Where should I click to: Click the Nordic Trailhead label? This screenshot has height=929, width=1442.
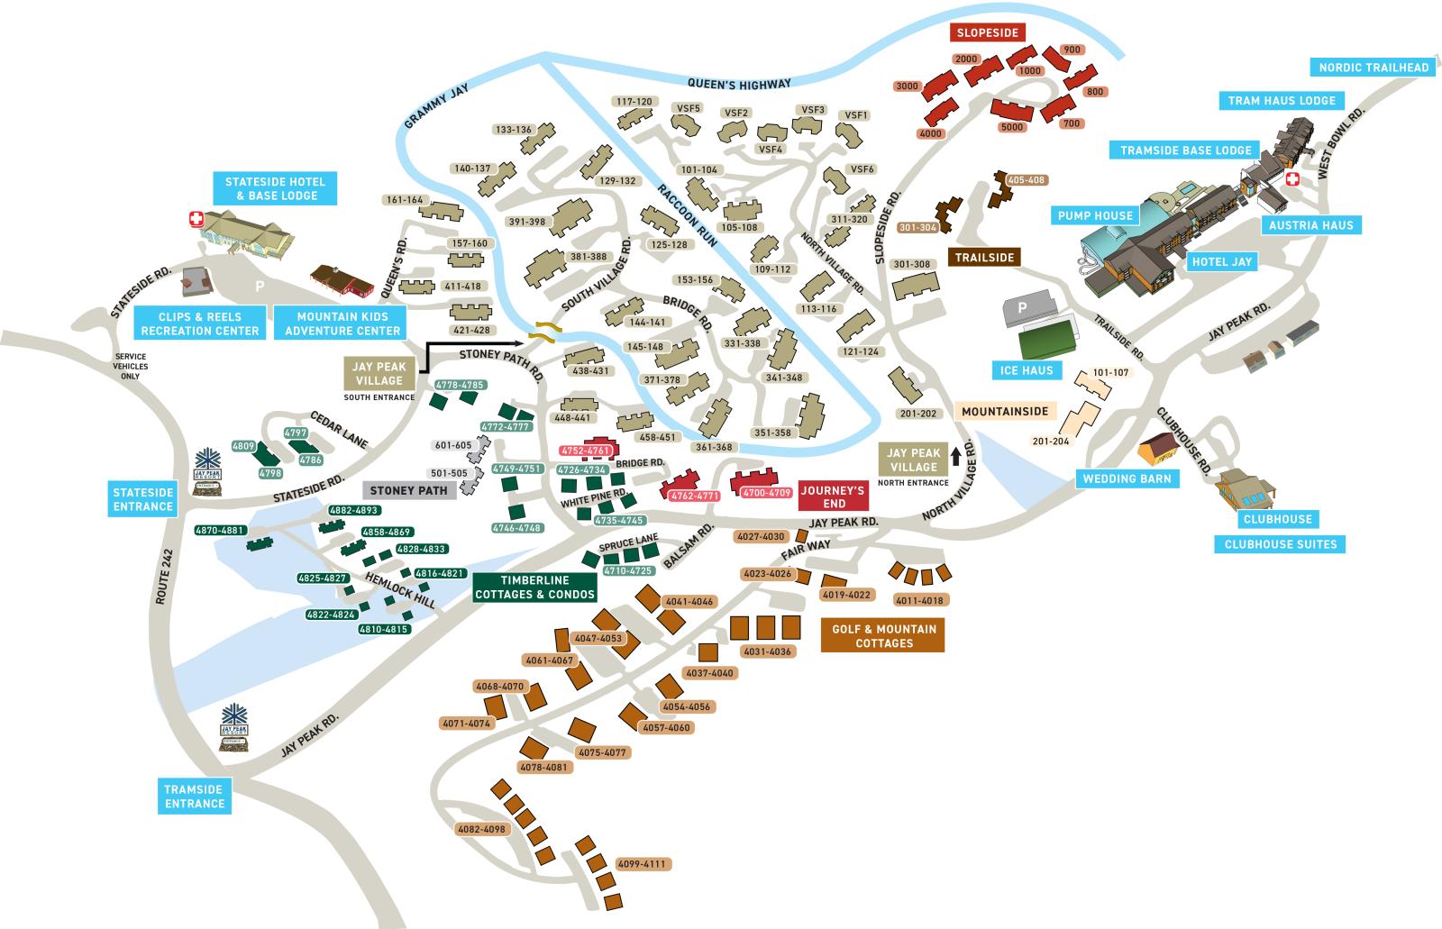pos(1374,68)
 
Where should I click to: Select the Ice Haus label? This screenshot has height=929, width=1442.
pos(1026,370)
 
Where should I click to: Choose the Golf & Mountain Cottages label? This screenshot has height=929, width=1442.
pos(883,636)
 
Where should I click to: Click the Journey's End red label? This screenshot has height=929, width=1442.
pos(833,497)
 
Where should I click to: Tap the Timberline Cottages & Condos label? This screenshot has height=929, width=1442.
pos(534,587)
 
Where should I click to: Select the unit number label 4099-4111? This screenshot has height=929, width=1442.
pos(642,864)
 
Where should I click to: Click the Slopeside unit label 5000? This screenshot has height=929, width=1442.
pos(1012,127)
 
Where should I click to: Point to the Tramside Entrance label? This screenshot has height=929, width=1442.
pos(194,797)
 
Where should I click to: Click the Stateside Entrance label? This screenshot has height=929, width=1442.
pos(142,499)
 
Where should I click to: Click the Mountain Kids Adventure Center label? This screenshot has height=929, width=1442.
pos(342,323)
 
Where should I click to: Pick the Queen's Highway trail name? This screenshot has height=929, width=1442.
pos(738,84)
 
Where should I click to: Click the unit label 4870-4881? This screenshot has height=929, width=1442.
pos(220,530)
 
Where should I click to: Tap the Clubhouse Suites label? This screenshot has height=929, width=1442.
pos(1280,544)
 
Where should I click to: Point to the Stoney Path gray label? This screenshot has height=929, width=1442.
pos(408,490)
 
